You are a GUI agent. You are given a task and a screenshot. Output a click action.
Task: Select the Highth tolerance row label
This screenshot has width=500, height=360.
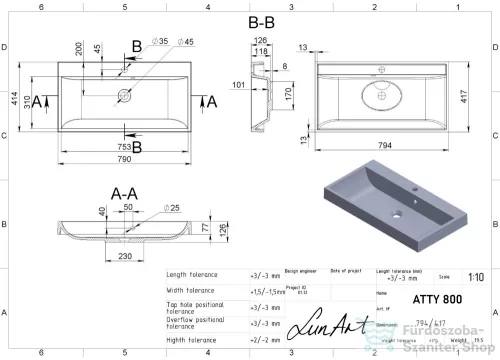(192, 340)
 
